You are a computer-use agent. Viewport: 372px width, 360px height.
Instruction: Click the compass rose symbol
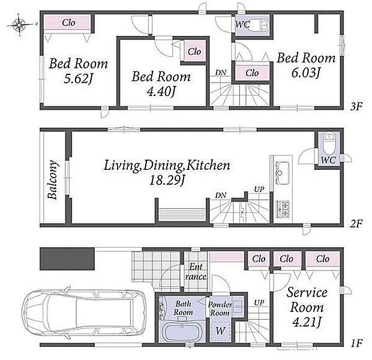pyautogui.click(x=19, y=25)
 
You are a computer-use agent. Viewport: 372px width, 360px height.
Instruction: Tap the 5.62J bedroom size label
pyautogui.click(x=78, y=79)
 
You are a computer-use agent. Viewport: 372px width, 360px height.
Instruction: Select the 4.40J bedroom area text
pyautogui.click(x=161, y=92)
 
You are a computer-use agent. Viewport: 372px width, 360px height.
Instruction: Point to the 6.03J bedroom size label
pyautogui.click(x=306, y=73)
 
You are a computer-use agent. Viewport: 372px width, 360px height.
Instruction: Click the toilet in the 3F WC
pyautogui.click(x=264, y=25)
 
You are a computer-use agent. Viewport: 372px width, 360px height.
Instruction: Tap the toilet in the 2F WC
pyautogui.click(x=329, y=143)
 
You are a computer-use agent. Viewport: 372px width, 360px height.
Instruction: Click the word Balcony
pyautogui.click(x=52, y=179)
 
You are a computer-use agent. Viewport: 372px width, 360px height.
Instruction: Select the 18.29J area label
pyautogui.click(x=167, y=181)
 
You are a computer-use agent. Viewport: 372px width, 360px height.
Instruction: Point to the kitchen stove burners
pyautogui.click(x=283, y=209)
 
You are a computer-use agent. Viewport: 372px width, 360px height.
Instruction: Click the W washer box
pyautogui.click(x=220, y=331)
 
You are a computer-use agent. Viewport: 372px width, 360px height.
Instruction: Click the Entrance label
pyautogui.click(x=196, y=272)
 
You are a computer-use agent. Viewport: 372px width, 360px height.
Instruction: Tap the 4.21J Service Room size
pyautogui.click(x=307, y=322)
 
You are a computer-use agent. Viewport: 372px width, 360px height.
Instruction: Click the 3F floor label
pyautogui.click(x=356, y=107)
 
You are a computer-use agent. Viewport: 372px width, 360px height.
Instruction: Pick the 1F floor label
pyautogui.click(x=356, y=343)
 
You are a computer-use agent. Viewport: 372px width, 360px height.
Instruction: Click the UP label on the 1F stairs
pyautogui.click(x=259, y=303)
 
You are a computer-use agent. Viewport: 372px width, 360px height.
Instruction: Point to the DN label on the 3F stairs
pyautogui.click(x=221, y=73)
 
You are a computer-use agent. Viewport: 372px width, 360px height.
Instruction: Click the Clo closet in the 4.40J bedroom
pyautogui.click(x=194, y=52)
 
